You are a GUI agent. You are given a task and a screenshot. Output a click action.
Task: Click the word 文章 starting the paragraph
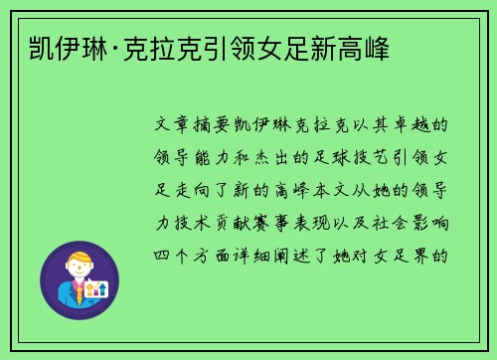coord(176,127)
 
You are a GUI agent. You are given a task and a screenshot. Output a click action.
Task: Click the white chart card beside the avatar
coord(97,289)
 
